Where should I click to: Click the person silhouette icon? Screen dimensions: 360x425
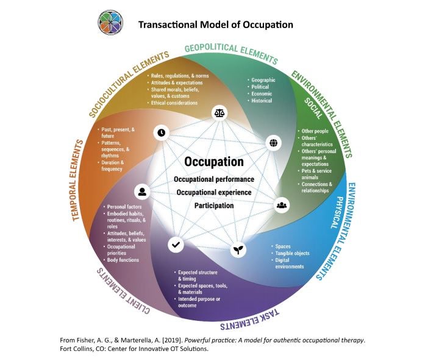142,192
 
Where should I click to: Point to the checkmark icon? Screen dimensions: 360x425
176,244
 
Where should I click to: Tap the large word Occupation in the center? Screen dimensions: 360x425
214,162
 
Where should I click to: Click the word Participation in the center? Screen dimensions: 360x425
214,206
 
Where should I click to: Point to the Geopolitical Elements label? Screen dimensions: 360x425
231,53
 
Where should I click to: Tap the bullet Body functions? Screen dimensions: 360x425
124,260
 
